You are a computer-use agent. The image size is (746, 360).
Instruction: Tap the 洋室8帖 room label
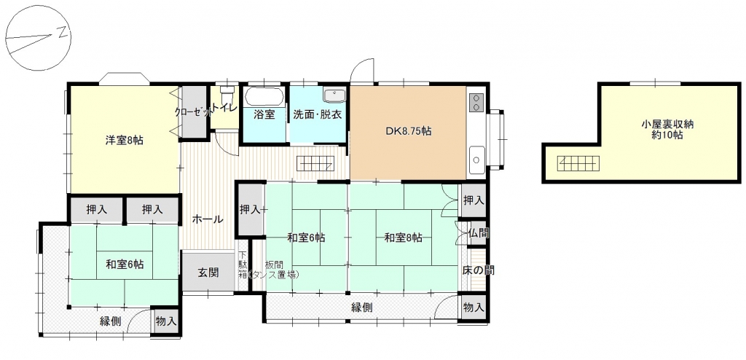pos(124,141)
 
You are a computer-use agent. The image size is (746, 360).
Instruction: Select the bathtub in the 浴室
pos(265,97)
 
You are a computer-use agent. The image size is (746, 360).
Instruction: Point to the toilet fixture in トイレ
pos(228,90)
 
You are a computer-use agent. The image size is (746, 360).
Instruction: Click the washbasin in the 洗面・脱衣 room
pos(335,95)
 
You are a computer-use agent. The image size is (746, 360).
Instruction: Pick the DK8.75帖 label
pos(408,131)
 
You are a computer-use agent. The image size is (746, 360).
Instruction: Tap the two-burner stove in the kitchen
pos(476,102)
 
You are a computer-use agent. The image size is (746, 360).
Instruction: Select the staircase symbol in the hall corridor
pos(316,164)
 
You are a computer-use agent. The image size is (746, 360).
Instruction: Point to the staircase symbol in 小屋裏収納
pos(578,163)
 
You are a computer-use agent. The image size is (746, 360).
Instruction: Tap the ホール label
pos(207,219)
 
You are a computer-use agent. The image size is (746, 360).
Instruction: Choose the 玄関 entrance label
pos(208,273)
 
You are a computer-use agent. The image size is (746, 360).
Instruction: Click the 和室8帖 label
pos(404,238)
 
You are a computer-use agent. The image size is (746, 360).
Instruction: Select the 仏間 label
pos(478,233)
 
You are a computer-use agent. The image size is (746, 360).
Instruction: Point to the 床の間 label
pos(478,270)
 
